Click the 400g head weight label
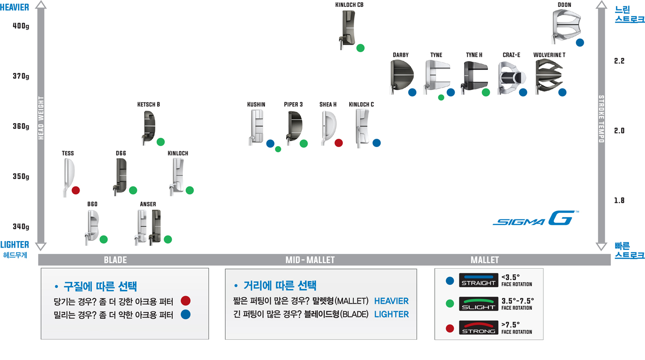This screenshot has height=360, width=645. tap(21, 26)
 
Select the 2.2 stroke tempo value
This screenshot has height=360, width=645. tap(619, 61)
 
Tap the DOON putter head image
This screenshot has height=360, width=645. tap(565, 26)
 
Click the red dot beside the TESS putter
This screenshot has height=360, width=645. tap(76, 190)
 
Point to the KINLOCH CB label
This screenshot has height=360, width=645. tap(349, 5)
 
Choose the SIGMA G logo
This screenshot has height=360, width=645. tap(535, 218)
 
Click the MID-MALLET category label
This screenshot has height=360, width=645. tap(310, 260)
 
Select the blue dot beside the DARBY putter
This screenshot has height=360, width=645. tap(412, 92)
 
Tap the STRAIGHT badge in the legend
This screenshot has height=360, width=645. tap(479, 280)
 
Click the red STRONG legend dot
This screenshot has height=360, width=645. tap(450, 329)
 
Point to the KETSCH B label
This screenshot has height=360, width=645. tap(148, 105)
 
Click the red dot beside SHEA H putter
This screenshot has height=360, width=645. tap(339, 143)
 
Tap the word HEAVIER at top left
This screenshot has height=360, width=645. tap(14, 7)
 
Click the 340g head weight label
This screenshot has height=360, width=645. tap(21, 227)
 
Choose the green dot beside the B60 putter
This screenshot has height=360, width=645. tap(104, 239)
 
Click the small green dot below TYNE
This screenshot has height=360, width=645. tap(441, 97)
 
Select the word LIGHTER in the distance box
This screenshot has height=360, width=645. tap(391, 314)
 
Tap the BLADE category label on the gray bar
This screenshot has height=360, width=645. tap(115, 260)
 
